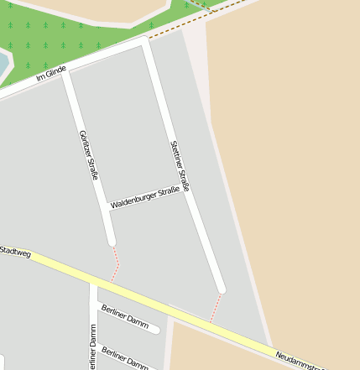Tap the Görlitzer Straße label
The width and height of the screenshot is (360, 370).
pyautogui.click(x=88, y=154)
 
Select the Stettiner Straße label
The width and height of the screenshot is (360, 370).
pyautogui.click(x=180, y=165)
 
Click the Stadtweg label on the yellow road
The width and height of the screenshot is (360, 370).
pyautogui.click(x=15, y=251)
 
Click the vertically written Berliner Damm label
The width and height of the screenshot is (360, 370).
pyautogui.click(x=92, y=347)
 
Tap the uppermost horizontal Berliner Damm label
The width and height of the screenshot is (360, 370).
pyautogui.click(x=124, y=316)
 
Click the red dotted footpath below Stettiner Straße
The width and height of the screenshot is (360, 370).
pyautogui.click(x=216, y=308)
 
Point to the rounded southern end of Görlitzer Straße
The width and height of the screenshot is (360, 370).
pyautogui.click(x=111, y=241)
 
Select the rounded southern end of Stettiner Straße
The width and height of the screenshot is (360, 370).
pyautogui.click(x=222, y=289)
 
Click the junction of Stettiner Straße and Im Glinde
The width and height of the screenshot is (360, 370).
pyautogui.click(x=146, y=44)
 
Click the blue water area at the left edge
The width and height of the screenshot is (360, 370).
pyautogui.click(x=3, y=63)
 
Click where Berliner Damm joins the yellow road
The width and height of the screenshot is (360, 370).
pyautogui.click(x=93, y=285)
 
